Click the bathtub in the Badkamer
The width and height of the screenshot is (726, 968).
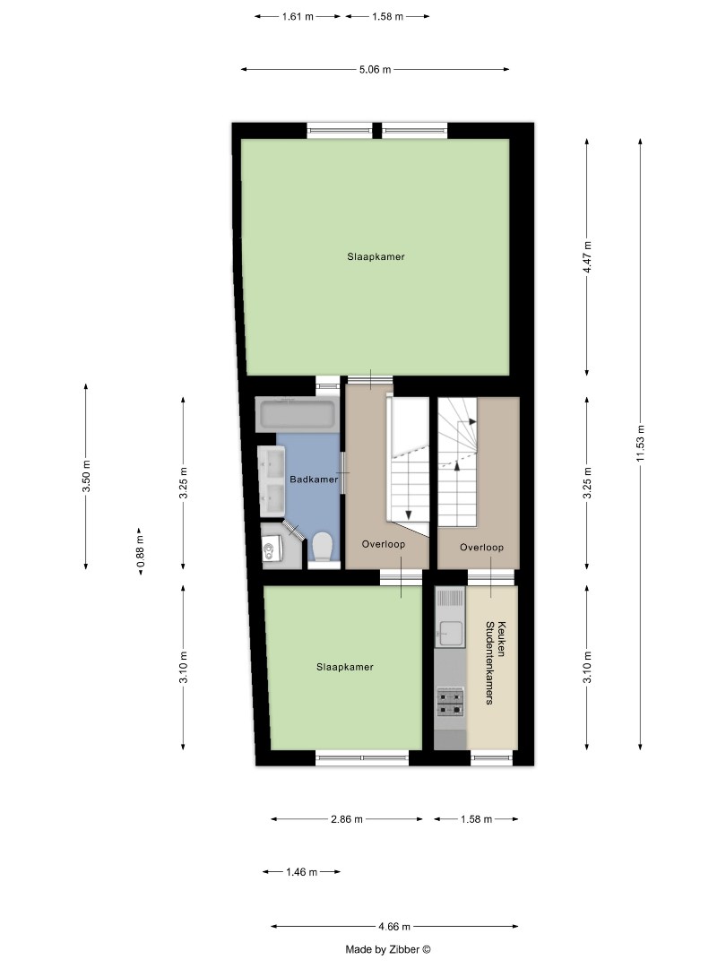(x=297, y=415)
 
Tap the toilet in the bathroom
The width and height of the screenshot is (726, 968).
(x=322, y=546)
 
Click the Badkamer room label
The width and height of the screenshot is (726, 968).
(x=314, y=480)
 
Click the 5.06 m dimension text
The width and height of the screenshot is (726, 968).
(x=375, y=69)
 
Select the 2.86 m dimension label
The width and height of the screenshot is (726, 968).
(x=346, y=819)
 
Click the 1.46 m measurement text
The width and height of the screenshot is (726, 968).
(x=301, y=872)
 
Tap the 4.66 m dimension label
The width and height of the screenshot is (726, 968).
(x=394, y=927)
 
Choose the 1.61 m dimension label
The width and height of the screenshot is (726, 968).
(x=298, y=16)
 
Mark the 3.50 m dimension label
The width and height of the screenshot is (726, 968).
(x=86, y=476)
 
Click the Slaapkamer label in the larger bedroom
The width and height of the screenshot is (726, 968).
(x=376, y=257)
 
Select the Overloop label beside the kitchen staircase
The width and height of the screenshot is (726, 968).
(x=481, y=547)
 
